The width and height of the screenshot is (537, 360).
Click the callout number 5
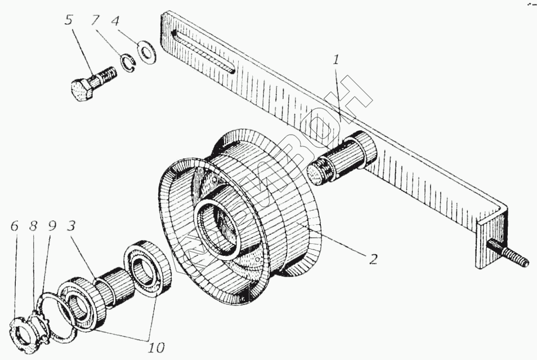tap(69, 21)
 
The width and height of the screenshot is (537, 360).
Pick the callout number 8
tap(33, 226)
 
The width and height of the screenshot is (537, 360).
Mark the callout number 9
tap(52, 226)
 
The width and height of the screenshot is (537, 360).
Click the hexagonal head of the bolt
tap(84, 90)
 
